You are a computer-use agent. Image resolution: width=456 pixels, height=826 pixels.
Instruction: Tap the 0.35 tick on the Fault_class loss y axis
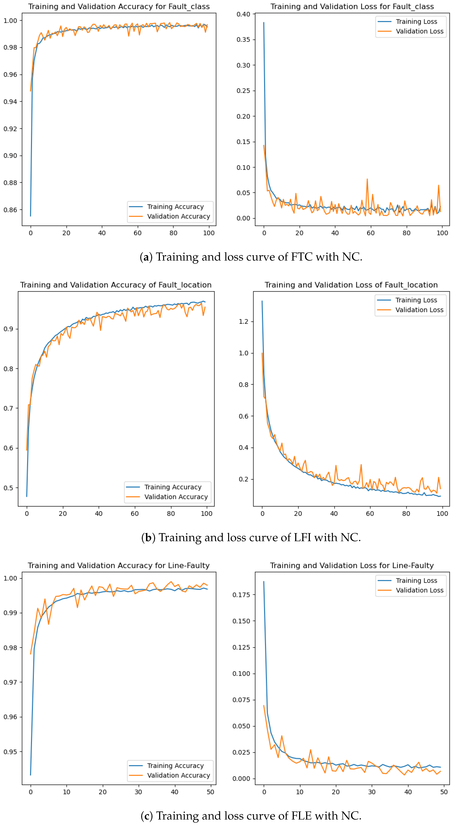(x=243, y=40)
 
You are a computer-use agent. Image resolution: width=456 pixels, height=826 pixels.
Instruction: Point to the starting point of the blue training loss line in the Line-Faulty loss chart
(x=264, y=581)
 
